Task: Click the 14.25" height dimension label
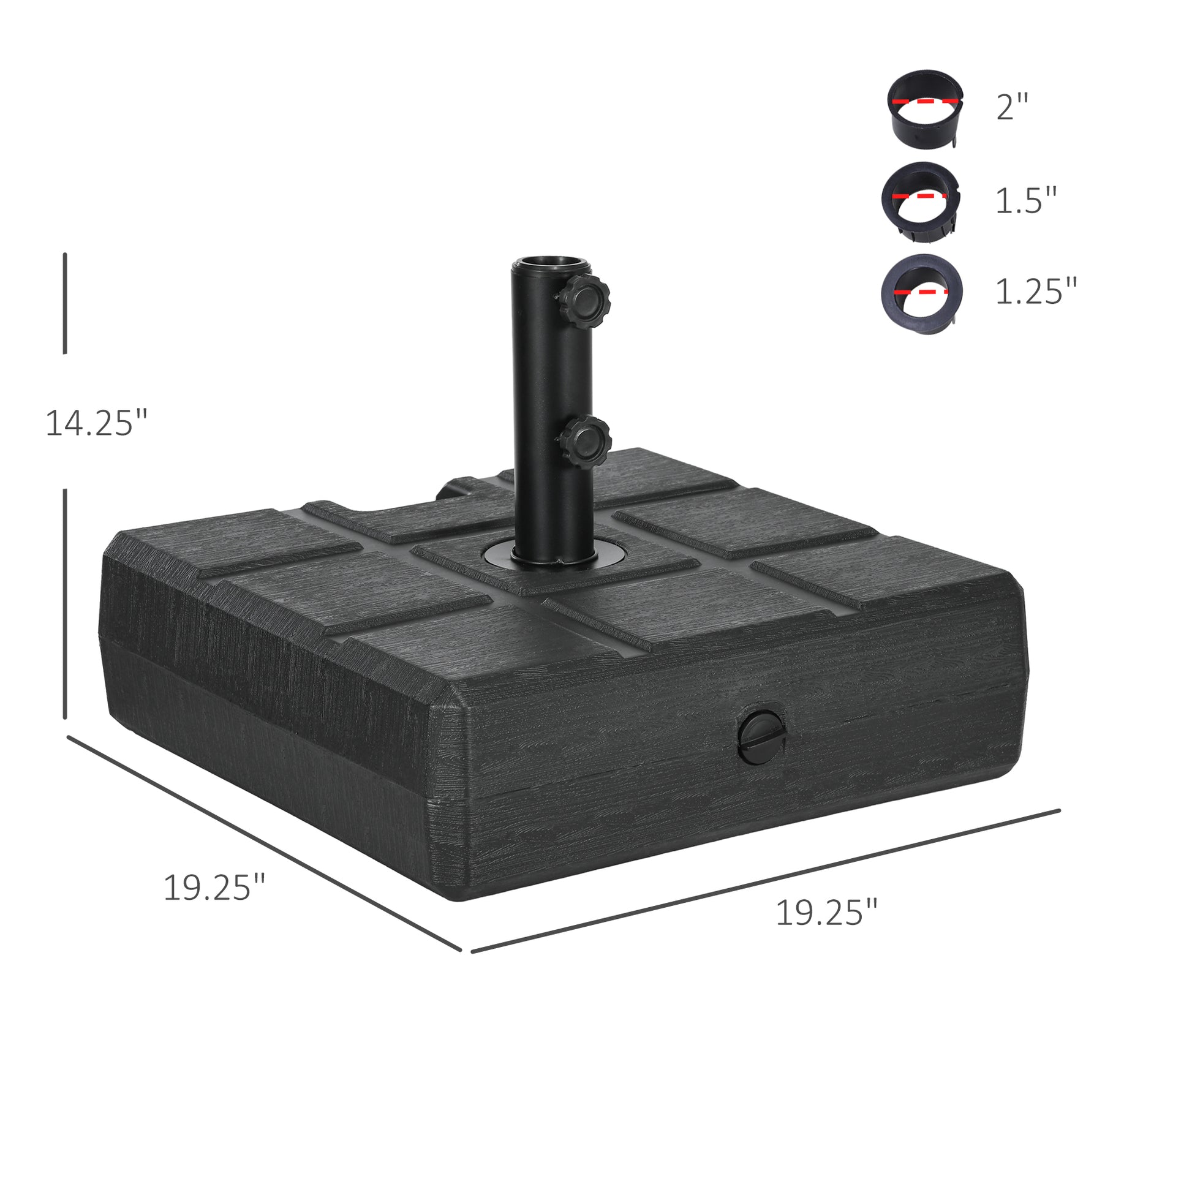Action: click(97, 423)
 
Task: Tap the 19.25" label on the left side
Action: click(214, 888)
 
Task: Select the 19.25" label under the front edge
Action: click(826, 913)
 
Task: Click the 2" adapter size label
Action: click(1013, 107)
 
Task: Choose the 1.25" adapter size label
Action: click(1036, 291)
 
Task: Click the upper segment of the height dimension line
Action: click(65, 303)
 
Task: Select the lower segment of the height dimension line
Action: click(65, 604)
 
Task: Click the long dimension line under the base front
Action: click(765, 881)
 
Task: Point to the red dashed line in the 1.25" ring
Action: click(922, 289)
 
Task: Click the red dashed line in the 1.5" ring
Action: click(920, 195)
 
